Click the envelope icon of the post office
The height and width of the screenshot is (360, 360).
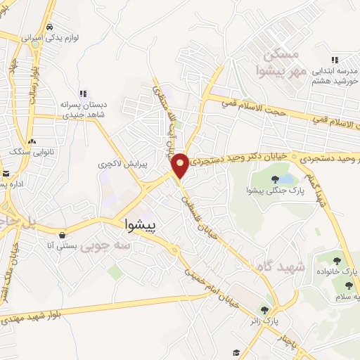6,174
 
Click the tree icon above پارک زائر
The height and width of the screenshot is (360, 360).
265,309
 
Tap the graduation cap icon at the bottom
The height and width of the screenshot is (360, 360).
236,353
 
